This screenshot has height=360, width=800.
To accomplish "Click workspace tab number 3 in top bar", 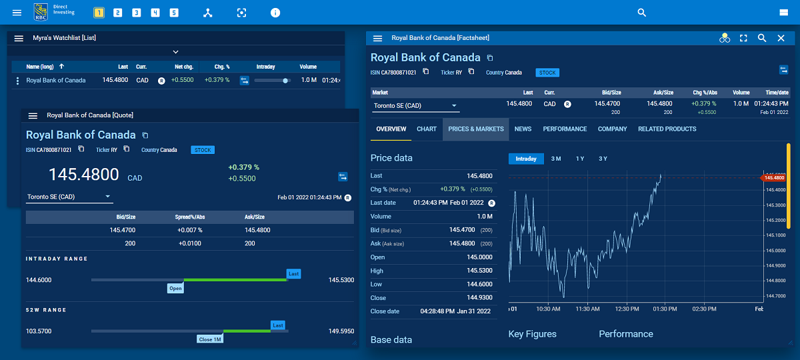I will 136,13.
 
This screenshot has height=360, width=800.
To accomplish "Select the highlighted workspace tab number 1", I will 99,13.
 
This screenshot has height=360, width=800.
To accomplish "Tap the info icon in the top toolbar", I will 275,13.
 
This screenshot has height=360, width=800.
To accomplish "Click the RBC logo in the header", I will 41,11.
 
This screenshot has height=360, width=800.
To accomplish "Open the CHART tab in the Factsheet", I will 427,129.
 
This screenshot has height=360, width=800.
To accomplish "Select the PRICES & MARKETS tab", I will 476,129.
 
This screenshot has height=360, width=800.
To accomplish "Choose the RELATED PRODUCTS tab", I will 667,129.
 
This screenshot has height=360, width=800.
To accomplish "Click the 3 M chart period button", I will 556,159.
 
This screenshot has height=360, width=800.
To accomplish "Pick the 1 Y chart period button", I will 579,159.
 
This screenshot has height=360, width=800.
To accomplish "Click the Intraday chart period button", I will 526,159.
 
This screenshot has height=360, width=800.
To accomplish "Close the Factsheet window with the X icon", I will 781,39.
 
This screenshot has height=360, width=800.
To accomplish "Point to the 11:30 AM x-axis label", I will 588,309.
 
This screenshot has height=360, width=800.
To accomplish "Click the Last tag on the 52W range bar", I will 278,325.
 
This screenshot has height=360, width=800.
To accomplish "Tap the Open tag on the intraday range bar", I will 175,289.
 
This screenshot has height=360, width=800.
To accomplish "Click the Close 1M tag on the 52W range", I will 209,339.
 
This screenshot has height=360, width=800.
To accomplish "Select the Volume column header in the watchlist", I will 308,67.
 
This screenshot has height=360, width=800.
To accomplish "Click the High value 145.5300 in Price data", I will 479,271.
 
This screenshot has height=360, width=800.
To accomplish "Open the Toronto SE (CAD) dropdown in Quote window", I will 69,197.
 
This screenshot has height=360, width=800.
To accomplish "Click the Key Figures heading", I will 532,334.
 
